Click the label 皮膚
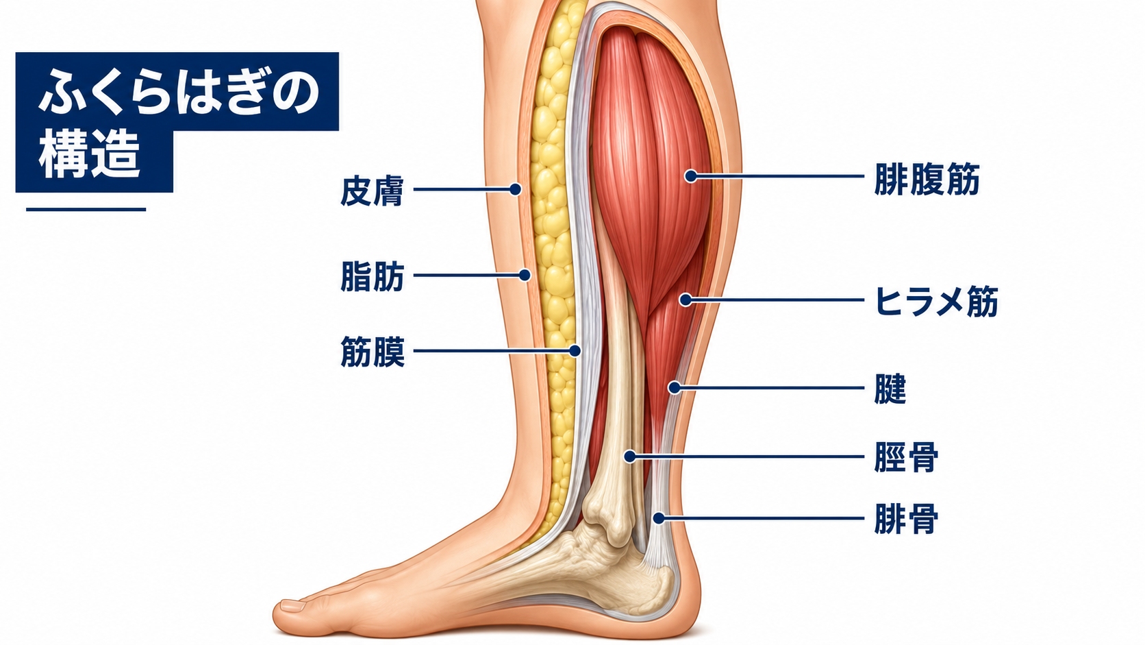tap(372, 191)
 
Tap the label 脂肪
tap(372, 276)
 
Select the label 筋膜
tap(372, 352)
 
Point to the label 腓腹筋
tap(927, 179)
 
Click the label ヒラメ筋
tap(936, 302)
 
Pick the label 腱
tap(890, 389)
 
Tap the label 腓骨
tap(906, 519)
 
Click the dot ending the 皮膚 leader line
tap(515, 189)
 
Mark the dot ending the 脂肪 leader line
tap(525, 275)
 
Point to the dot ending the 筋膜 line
tap(575, 351)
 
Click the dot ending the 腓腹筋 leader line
tap(690, 176)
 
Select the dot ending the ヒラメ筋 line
tap(685, 300)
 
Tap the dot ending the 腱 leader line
tap(675, 388)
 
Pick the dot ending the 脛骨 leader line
tap(630, 457)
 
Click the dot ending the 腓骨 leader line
tap(659, 518)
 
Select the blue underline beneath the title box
tap(86, 209)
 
